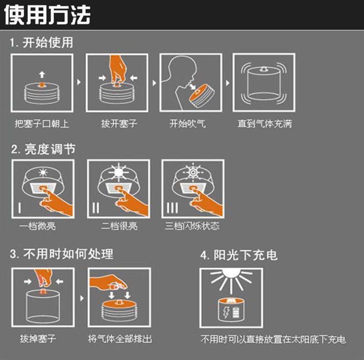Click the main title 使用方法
click(47, 15)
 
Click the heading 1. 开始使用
click(41, 43)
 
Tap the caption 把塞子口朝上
click(42, 124)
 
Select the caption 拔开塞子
click(119, 124)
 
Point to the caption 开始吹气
click(187, 124)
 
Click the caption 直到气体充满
click(265, 124)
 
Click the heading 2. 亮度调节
click(43, 149)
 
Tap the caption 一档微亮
click(37, 226)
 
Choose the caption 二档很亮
click(119, 226)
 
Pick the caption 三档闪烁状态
click(192, 226)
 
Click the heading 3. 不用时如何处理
click(61, 254)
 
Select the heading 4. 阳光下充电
click(239, 255)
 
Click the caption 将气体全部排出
click(120, 339)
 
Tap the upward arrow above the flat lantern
click(42, 75)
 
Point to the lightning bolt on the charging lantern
click(226, 312)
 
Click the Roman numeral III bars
click(172, 208)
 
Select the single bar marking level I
click(20, 208)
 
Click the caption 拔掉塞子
click(38, 339)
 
